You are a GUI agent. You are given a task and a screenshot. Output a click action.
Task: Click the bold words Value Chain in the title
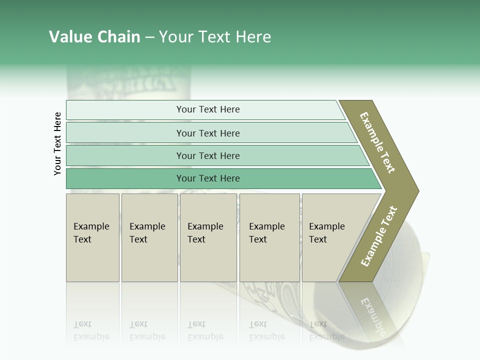point(94,37)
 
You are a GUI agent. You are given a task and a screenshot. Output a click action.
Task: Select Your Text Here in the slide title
point(215,37)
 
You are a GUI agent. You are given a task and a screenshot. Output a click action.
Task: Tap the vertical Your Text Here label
point(57,143)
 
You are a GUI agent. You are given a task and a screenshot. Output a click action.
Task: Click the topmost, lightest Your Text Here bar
point(207,109)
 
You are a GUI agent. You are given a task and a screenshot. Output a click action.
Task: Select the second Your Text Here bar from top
point(207,133)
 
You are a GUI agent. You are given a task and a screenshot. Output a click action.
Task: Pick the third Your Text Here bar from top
point(207,155)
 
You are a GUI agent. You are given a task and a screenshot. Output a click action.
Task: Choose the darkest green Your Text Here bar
point(207,178)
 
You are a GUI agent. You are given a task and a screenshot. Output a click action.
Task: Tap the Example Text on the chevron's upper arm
point(377,142)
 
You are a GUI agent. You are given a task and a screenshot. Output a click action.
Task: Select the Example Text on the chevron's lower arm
point(379,236)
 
